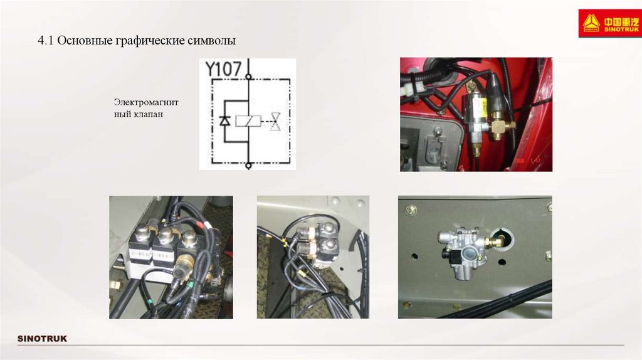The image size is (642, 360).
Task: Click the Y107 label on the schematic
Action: click(223, 69)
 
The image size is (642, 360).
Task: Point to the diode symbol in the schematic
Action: click(225, 121)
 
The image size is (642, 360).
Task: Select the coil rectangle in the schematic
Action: click(248, 121)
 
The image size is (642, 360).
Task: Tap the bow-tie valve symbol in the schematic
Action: click(276, 121)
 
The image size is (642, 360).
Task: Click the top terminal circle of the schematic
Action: click(248, 77)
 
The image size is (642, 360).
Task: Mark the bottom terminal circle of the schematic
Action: click(248, 166)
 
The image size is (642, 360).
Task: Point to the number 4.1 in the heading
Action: click(45, 41)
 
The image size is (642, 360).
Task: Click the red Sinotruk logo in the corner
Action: click(610, 23)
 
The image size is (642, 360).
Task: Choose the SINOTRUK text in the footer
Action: click(42, 339)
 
